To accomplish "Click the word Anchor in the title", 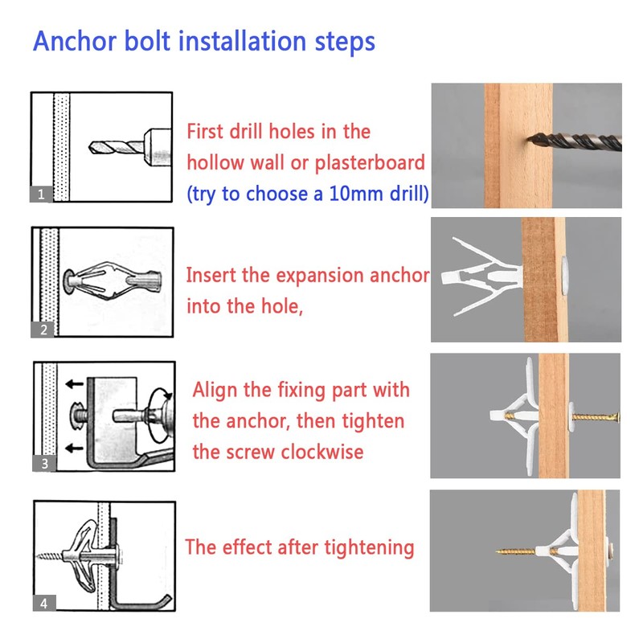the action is [75, 42].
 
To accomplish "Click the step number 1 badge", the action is [41, 194].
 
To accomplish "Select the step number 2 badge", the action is [43, 330].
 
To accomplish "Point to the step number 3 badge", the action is [44, 464].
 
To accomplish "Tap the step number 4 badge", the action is [44, 603].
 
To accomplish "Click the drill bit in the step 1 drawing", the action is [116, 147].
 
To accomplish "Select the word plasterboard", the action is [370, 163].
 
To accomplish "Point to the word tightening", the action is [369, 548].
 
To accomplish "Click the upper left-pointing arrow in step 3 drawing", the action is [74, 384].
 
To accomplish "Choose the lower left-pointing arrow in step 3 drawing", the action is [74, 448].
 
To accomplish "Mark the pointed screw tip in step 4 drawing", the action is [37, 556].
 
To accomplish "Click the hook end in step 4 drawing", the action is [169, 597].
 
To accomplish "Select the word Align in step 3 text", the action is [215, 390].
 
